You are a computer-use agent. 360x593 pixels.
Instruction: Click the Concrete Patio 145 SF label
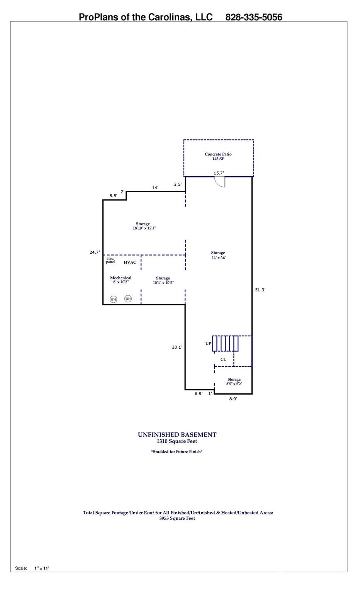pyautogui.click(x=218, y=156)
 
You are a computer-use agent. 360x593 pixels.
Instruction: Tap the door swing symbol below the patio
pyautogui.click(x=220, y=182)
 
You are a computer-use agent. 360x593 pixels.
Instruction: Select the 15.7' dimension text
pyautogui.click(x=219, y=173)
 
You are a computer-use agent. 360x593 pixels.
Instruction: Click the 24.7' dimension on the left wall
pyautogui.click(x=95, y=252)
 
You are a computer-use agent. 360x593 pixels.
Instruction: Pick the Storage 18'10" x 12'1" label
pyautogui.click(x=144, y=226)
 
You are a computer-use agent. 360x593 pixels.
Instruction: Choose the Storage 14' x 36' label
pyautogui.click(x=218, y=255)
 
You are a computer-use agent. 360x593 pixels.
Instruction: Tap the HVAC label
pyautogui.click(x=130, y=263)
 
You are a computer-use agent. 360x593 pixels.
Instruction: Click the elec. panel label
pyautogui.click(x=110, y=260)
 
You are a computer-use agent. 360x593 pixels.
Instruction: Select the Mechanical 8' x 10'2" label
pyautogui.click(x=121, y=280)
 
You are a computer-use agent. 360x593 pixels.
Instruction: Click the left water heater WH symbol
pyautogui.click(x=114, y=299)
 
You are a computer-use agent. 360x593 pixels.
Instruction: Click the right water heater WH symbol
pyautogui.click(x=128, y=299)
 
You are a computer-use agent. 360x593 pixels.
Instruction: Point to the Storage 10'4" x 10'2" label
pyautogui.click(x=163, y=280)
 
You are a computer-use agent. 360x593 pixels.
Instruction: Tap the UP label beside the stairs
pyautogui.click(x=208, y=343)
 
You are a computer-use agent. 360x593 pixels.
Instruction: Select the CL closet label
pyautogui.click(x=223, y=359)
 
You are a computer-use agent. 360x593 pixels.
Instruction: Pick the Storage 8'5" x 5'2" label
pyautogui.click(x=234, y=381)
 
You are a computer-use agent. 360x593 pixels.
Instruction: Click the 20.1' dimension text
pyautogui.click(x=177, y=347)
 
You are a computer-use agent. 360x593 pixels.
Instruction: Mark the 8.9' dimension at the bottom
pyautogui.click(x=233, y=399)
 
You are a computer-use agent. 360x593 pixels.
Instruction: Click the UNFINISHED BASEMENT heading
pyautogui.click(x=177, y=435)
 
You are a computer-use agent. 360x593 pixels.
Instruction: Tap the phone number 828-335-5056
pyautogui.click(x=254, y=17)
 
